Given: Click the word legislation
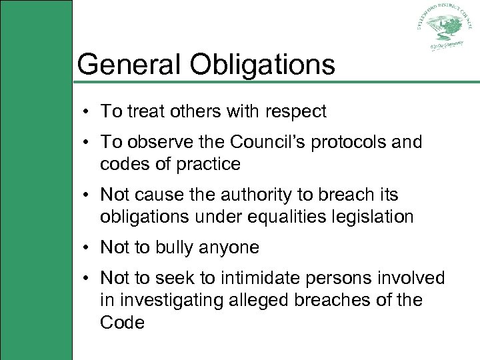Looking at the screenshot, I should pyautogui.click(x=375, y=217).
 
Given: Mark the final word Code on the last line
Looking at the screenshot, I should pyautogui.click(x=122, y=323).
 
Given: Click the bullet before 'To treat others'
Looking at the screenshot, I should pyautogui.click(x=88, y=112).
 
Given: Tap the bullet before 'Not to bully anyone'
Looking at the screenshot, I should pyautogui.click(x=88, y=248).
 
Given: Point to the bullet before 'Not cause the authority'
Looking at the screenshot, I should pyautogui.click(x=88, y=195).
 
